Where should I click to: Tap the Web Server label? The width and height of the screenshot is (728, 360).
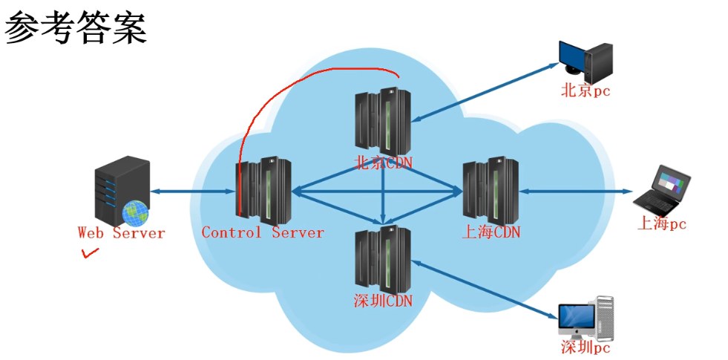tap(121, 233)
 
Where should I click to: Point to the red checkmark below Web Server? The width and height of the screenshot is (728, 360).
tap(90, 255)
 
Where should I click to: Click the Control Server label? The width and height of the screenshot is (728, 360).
tap(263, 233)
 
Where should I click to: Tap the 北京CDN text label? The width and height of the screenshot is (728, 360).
tap(384, 163)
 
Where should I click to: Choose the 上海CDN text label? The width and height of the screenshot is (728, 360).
tap(491, 232)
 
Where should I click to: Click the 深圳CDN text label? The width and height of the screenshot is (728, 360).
tap(382, 301)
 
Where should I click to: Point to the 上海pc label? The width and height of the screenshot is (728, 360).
tap(662, 223)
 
